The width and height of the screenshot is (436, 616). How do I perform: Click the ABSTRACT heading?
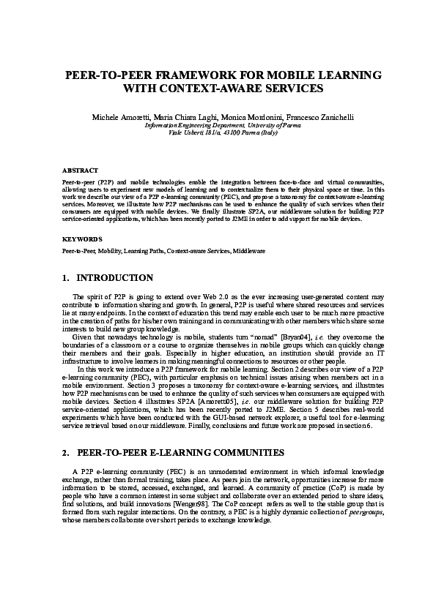80,170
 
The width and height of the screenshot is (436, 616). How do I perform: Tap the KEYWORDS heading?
82,238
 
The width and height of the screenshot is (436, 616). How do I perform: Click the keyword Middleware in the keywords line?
249,251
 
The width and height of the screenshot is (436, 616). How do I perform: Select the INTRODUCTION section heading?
115,278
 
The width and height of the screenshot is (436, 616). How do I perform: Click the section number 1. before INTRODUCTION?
66,278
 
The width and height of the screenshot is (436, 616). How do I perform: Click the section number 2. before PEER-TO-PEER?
66,454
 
